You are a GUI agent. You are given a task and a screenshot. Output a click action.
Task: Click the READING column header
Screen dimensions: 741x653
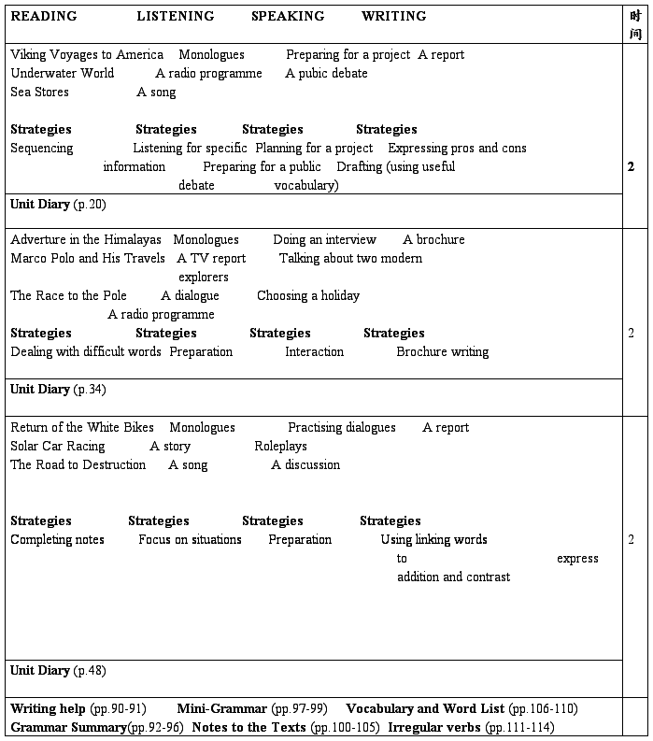tap(44, 16)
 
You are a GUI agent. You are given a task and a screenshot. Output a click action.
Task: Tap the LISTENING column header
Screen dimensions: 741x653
tap(175, 16)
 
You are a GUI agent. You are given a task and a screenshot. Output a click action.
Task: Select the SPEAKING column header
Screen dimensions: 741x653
tap(288, 16)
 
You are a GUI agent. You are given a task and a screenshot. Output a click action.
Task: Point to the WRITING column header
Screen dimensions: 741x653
tap(393, 16)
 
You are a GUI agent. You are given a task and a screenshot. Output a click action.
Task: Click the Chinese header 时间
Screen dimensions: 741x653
tap(635, 24)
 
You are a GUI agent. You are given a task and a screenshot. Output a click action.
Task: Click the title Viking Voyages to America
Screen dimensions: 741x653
tap(87, 55)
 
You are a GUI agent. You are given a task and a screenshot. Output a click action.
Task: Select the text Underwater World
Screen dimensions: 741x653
tap(63, 74)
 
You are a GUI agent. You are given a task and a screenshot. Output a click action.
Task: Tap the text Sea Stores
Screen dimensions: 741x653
tap(39, 93)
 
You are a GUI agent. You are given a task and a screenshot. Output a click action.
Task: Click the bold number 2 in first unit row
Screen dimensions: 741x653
tap(632, 167)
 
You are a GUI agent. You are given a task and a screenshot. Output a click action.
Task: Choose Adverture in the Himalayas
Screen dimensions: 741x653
tap(86, 240)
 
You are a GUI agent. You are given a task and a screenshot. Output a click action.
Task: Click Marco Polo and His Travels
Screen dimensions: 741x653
tap(88, 259)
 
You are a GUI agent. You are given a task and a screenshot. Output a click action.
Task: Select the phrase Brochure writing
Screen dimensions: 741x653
tap(442, 352)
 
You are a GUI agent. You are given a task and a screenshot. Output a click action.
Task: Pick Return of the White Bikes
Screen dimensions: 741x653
tap(82, 428)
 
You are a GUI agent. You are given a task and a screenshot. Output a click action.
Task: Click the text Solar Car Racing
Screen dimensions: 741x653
tap(58, 447)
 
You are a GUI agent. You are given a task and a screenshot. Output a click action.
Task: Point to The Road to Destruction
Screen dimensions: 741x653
tap(78, 465)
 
